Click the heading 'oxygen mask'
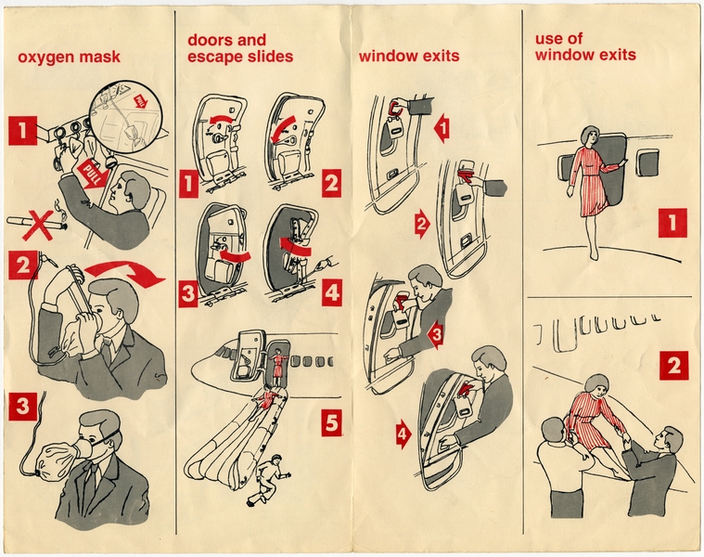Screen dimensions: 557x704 click(x=69, y=58)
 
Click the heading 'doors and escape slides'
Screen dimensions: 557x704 click(x=240, y=48)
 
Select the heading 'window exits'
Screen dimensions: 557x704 click(x=409, y=57)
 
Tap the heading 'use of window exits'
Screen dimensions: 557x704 click(x=585, y=47)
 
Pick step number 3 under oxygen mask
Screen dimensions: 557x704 click(x=24, y=407)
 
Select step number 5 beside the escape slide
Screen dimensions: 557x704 click(x=332, y=423)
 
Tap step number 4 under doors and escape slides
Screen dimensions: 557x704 click(x=332, y=294)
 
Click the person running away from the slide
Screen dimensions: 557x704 click(x=274, y=474)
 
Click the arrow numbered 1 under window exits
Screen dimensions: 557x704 click(x=442, y=128)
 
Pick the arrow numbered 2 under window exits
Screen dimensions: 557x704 click(x=422, y=224)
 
